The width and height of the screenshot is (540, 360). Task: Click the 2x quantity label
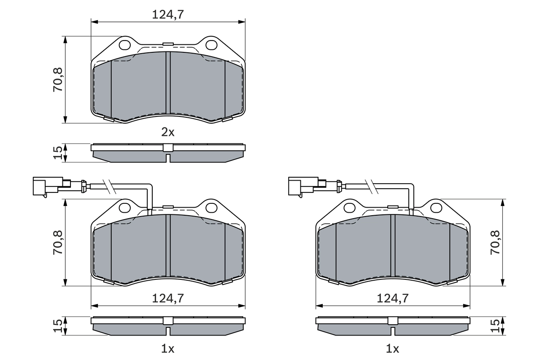tap(168, 133)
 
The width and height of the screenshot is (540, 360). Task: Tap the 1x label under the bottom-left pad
tap(168, 349)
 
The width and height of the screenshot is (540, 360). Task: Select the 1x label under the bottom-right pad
tap(392, 349)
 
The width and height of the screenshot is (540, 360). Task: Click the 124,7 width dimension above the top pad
tap(168, 14)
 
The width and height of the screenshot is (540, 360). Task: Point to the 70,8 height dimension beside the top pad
tap(57, 80)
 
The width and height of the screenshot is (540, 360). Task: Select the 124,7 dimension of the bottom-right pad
tap(392, 298)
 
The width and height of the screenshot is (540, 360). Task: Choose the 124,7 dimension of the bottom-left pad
tap(168, 298)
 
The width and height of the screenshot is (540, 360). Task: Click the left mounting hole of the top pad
tap(125, 44)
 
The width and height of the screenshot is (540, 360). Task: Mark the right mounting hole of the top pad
tap(211, 44)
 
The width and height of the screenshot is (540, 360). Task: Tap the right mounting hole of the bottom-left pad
tap(211, 207)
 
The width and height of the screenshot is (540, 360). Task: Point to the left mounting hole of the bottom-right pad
tap(350, 207)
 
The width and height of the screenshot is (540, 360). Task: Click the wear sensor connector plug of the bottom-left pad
tap(44, 186)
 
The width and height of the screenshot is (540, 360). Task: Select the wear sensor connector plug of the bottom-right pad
tap(300, 186)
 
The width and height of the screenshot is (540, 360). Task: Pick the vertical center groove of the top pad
tap(168, 83)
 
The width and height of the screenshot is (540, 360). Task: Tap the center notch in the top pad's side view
tap(168, 158)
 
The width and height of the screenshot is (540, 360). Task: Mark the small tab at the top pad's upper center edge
tap(168, 43)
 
